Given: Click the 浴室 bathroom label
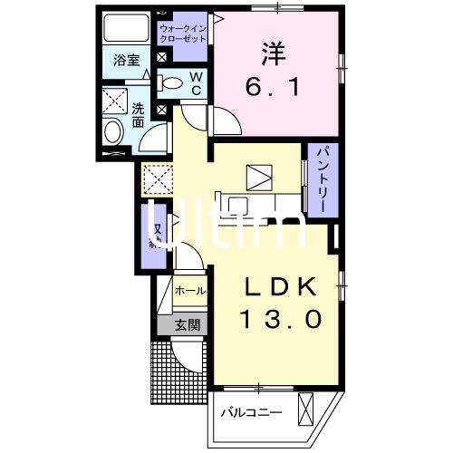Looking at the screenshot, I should [x=126, y=61].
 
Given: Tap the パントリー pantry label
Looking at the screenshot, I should [x=320, y=179].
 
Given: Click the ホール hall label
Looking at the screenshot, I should [x=188, y=292].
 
